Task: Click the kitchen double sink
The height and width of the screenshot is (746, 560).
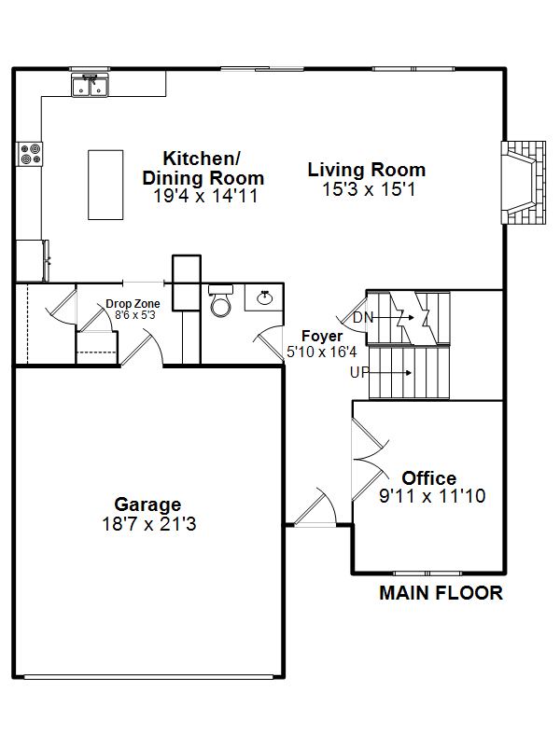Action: [90, 86]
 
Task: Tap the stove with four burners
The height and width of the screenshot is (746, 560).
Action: [30, 154]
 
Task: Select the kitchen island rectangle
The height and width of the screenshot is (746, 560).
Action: [105, 185]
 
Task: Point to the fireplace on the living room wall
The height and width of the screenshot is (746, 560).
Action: [523, 182]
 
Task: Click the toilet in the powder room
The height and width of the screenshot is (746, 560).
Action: [221, 301]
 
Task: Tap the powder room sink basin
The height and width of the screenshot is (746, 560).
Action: [265, 297]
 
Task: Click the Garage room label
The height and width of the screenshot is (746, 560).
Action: [147, 504]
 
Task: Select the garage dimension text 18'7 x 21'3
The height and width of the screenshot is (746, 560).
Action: [149, 524]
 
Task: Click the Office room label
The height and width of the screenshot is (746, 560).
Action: [429, 477]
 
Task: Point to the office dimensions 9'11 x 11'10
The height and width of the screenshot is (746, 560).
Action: [432, 496]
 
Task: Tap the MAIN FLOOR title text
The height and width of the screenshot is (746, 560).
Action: [441, 593]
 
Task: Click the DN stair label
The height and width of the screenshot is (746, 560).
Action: [363, 317]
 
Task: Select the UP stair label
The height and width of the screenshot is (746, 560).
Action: [359, 372]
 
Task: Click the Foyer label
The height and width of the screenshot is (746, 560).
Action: [322, 336]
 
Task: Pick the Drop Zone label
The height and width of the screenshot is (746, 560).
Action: [133, 304]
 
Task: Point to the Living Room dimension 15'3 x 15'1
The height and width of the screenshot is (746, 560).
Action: [369, 189]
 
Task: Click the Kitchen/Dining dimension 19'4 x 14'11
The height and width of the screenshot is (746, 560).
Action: [205, 196]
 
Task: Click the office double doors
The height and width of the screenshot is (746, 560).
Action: [370, 459]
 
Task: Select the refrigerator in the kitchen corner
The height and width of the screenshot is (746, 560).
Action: [33, 261]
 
